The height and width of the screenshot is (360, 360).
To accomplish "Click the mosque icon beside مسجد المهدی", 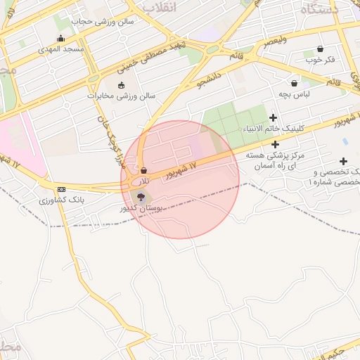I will (60, 39).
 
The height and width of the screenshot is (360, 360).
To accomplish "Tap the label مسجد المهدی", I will (61, 49).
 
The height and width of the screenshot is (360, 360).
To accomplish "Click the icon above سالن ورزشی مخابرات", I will (121, 85).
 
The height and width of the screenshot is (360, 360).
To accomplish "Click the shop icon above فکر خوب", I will (321, 49).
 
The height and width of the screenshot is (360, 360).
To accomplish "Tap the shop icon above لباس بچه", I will (294, 83).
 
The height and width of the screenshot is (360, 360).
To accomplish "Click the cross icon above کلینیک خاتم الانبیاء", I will (274, 117).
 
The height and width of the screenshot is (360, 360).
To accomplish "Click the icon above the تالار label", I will (143, 170).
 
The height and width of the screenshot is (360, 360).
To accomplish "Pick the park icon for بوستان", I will (140, 198).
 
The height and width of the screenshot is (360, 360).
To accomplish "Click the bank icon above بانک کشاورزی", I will (62, 190).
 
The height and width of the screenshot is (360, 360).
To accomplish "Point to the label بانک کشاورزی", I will (62, 201).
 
